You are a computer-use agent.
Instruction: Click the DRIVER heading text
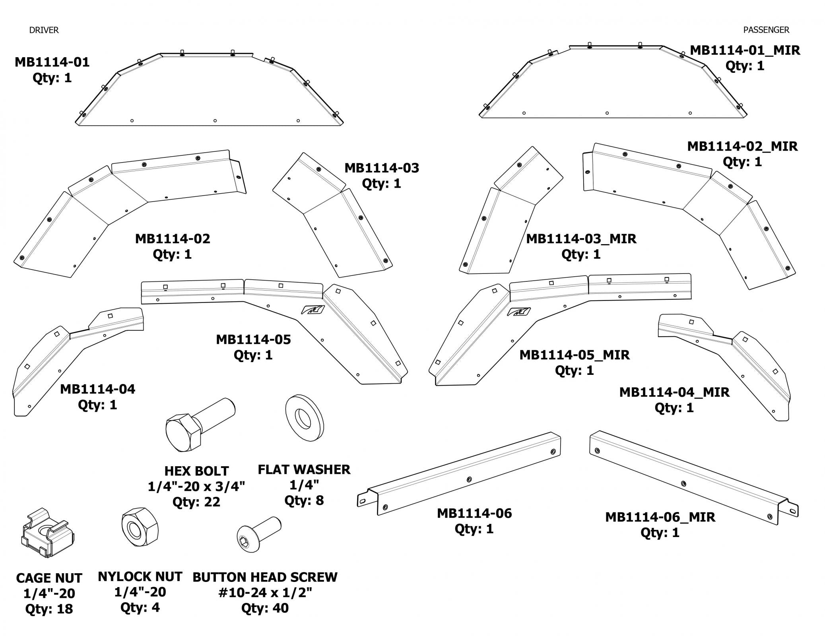click(44, 30)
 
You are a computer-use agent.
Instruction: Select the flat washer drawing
click(305, 418)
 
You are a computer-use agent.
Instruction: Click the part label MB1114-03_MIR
click(581, 238)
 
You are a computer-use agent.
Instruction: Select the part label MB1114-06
click(474, 513)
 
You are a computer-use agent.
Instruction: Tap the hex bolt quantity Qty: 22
click(196, 502)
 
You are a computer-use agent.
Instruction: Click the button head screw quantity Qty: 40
click(265, 608)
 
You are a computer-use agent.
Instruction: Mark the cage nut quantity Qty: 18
click(49, 609)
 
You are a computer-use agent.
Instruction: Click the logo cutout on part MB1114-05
click(313, 310)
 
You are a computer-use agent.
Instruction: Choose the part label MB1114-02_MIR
click(742, 146)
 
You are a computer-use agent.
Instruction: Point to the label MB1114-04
click(97, 389)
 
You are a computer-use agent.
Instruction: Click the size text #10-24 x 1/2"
click(265, 592)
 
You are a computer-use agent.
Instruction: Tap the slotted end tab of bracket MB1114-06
click(363, 500)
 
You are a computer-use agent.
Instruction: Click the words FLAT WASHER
click(304, 469)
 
